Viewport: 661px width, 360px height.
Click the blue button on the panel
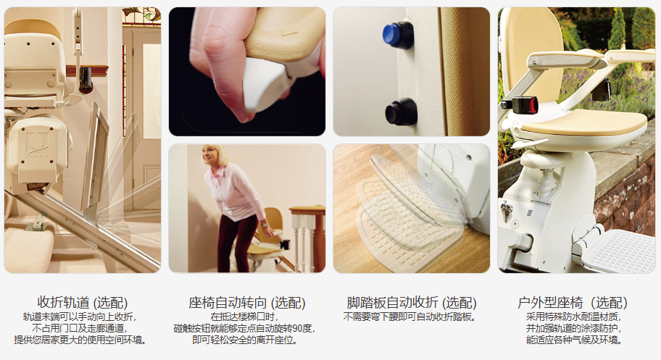pos(397,35)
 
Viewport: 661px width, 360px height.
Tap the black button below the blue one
pos(401,112)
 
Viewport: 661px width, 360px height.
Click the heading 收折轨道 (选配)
pos(82,302)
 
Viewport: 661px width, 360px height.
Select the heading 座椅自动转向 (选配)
pos(246,303)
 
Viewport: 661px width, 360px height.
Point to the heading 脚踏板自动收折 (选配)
pos(412,303)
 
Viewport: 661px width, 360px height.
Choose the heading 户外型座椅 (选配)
pos(572,303)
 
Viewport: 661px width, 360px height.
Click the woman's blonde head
pos(214,156)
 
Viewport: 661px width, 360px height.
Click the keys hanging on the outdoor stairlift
pos(507,209)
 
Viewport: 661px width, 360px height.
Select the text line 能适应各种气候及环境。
pos(575,340)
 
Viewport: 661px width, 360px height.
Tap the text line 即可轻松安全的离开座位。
pos(246,340)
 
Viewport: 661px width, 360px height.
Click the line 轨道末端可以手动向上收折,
pos(80,317)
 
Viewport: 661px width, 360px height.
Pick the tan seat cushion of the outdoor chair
pos(584,122)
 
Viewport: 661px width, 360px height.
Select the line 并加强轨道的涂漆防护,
pos(574,328)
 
